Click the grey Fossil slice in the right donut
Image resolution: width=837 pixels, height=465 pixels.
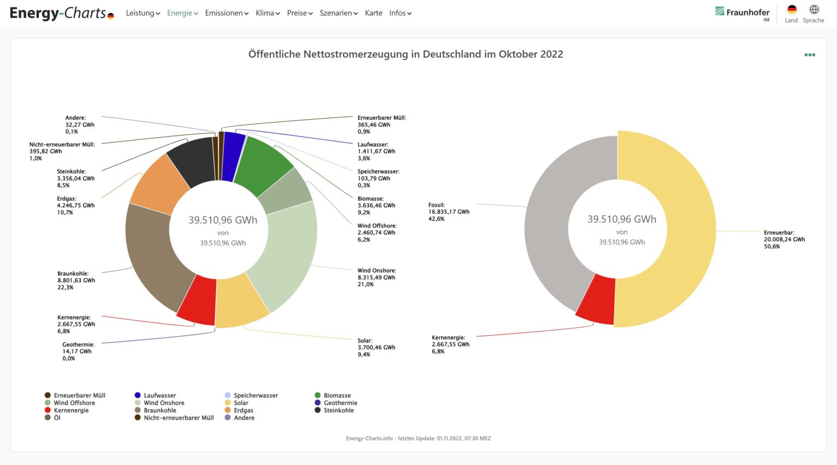pyautogui.click(x=556, y=218)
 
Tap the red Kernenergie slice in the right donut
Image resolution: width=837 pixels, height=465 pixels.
pyautogui.click(x=595, y=299)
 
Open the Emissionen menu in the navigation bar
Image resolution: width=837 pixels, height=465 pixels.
pyautogui.click(x=226, y=13)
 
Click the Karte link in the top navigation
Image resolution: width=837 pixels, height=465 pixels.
pyautogui.click(x=373, y=13)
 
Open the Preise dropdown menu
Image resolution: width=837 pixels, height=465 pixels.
pyautogui.click(x=300, y=13)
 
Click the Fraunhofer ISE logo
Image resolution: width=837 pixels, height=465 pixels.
pyautogui.click(x=742, y=13)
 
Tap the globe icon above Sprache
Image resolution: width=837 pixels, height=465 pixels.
pyautogui.click(x=814, y=9)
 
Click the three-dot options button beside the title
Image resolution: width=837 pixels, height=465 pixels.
pyautogui.click(x=810, y=54)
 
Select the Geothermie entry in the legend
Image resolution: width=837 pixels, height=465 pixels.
pyautogui.click(x=340, y=403)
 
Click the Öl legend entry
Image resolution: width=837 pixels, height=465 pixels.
pyautogui.click(x=57, y=418)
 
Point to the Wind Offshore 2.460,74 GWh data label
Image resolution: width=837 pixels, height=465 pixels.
pyautogui.click(x=377, y=233)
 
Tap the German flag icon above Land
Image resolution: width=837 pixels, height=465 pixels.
pyautogui.click(x=792, y=9)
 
